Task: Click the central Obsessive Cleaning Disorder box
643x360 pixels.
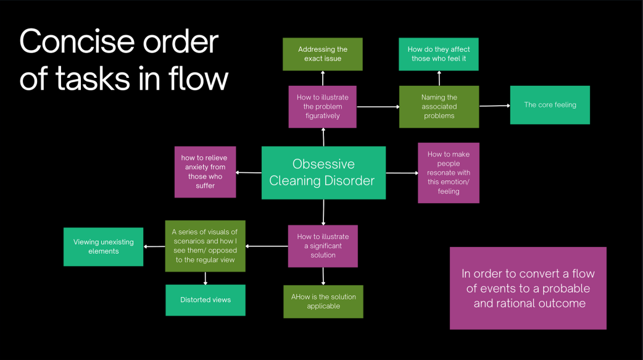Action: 323,172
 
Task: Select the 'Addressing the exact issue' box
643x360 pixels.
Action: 323,54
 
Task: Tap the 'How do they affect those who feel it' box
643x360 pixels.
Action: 439,54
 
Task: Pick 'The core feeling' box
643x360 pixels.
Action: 550,105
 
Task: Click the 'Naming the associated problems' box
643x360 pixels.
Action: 439,106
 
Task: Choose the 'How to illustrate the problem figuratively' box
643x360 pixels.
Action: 323,106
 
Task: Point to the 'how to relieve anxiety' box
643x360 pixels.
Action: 205,172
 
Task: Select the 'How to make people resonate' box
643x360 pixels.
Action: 449,173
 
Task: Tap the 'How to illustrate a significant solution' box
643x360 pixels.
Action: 323,246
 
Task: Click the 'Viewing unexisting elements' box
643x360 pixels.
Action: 104,247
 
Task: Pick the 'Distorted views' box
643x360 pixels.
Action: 205,300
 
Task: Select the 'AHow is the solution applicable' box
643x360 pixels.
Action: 323,301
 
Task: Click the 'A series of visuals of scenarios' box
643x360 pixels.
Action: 205,246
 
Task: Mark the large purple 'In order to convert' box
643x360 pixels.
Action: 528,288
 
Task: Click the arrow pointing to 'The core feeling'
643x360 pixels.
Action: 494,106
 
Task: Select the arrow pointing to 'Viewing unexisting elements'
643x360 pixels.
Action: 154,247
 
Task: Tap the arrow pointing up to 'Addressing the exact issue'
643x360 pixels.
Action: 323,78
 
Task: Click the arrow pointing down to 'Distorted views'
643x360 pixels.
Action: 205,278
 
